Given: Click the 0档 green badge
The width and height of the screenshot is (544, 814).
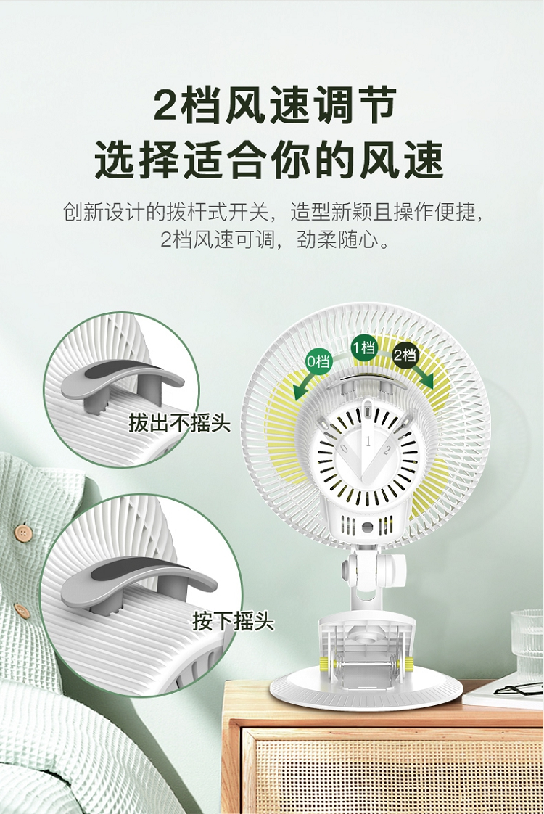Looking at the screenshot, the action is coord(318,361).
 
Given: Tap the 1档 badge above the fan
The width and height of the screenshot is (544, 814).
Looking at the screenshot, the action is coord(364,347).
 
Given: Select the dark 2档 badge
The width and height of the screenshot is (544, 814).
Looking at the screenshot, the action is coord(404,355).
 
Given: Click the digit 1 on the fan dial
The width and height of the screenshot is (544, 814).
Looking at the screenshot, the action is coord(368,442).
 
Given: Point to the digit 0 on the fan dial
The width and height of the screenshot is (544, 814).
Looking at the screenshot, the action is coord(344,448).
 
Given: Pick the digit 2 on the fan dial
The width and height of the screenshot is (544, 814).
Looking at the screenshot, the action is coord(386,451).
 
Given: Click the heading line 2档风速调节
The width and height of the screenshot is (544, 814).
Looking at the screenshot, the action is coord(275,105).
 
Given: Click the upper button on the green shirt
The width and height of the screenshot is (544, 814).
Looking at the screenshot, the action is coord(21,533).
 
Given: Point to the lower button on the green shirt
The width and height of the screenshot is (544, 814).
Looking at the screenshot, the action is coord(22,609).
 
